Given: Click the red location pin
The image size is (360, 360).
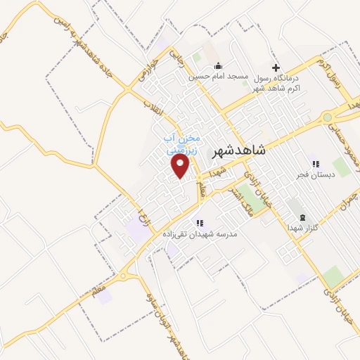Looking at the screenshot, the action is [181, 166].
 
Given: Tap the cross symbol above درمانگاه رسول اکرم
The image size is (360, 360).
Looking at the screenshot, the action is [276, 67].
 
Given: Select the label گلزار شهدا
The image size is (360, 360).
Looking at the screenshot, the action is [303, 228].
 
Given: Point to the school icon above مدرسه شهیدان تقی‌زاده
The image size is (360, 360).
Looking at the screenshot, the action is [200, 222].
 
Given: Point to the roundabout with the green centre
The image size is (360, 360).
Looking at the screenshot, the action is [327, 117].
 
